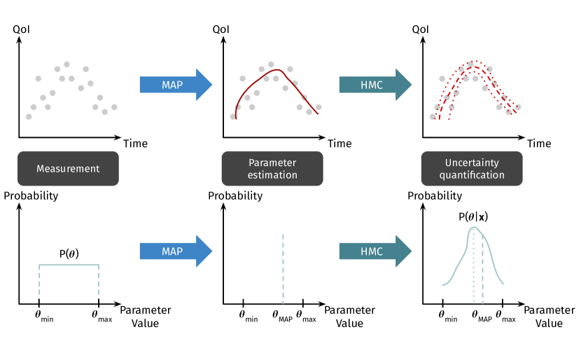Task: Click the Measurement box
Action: pos(68,169)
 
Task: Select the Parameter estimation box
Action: pos(272,169)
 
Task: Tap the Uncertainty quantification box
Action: pos(472,169)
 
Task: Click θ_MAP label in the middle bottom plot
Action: pos(281,317)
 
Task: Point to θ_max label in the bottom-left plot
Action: pos(101,317)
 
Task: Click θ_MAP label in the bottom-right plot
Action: pos(482,317)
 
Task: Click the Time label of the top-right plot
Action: pos(539,144)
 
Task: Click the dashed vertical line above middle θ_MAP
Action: pos(283,266)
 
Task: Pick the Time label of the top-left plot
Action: pos(135,144)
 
